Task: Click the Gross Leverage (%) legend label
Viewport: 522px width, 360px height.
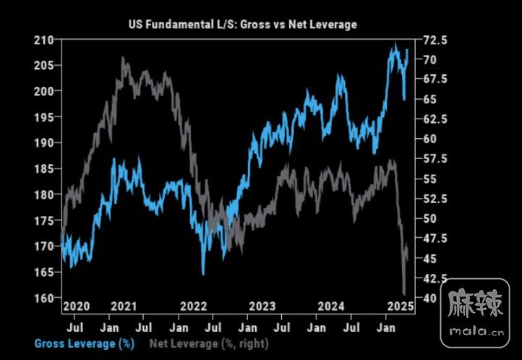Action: pyautogui.click(x=75, y=343)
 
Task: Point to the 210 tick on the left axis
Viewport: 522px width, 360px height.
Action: pyautogui.click(x=45, y=40)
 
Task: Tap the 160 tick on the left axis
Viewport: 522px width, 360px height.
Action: pyautogui.click(x=45, y=298)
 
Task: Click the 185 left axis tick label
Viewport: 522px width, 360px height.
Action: pyautogui.click(x=45, y=168)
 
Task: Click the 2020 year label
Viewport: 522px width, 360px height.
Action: pyautogui.click(x=76, y=307)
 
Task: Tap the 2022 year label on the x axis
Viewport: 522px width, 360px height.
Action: pyautogui.click(x=193, y=307)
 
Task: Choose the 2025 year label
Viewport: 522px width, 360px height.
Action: pyautogui.click(x=398, y=307)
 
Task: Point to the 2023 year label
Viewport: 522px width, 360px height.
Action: pyautogui.click(x=261, y=307)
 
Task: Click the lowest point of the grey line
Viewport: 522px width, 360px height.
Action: pyautogui.click(x=404, y=293)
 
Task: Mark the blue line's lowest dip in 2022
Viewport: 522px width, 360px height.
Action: pyautogui.click(x=204, y=274)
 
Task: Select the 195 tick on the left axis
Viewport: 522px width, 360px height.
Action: pyautogui.click(x=45, y=117)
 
